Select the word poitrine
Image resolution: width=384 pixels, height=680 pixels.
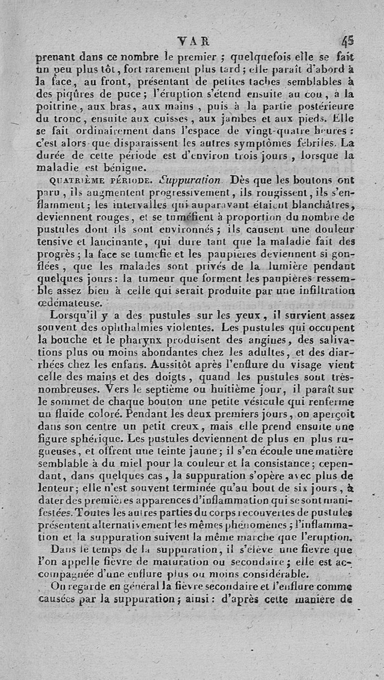click(x=56, y=104)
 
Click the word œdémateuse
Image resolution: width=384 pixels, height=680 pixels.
click(x=70, y=303)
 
